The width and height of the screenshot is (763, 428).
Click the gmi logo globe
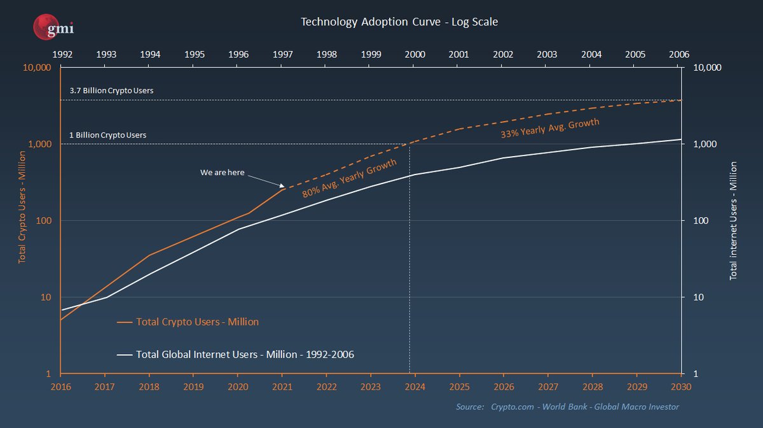47,27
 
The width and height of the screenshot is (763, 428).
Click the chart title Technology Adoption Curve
399,22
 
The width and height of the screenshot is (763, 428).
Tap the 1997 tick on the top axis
282,55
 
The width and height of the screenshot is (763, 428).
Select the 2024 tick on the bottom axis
415,386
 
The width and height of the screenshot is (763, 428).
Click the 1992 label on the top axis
61,55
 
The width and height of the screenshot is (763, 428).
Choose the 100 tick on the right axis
695,221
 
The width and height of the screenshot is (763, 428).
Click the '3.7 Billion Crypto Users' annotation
111,91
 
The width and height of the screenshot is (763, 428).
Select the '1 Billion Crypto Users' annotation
107,136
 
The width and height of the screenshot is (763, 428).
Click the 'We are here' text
222,173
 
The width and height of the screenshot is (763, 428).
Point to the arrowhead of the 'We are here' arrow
282,187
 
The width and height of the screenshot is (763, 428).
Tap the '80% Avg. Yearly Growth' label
349,178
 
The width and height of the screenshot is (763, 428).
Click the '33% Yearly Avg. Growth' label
550,129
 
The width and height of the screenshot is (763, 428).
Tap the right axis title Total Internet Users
733,220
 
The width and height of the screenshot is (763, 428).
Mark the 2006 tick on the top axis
679,55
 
